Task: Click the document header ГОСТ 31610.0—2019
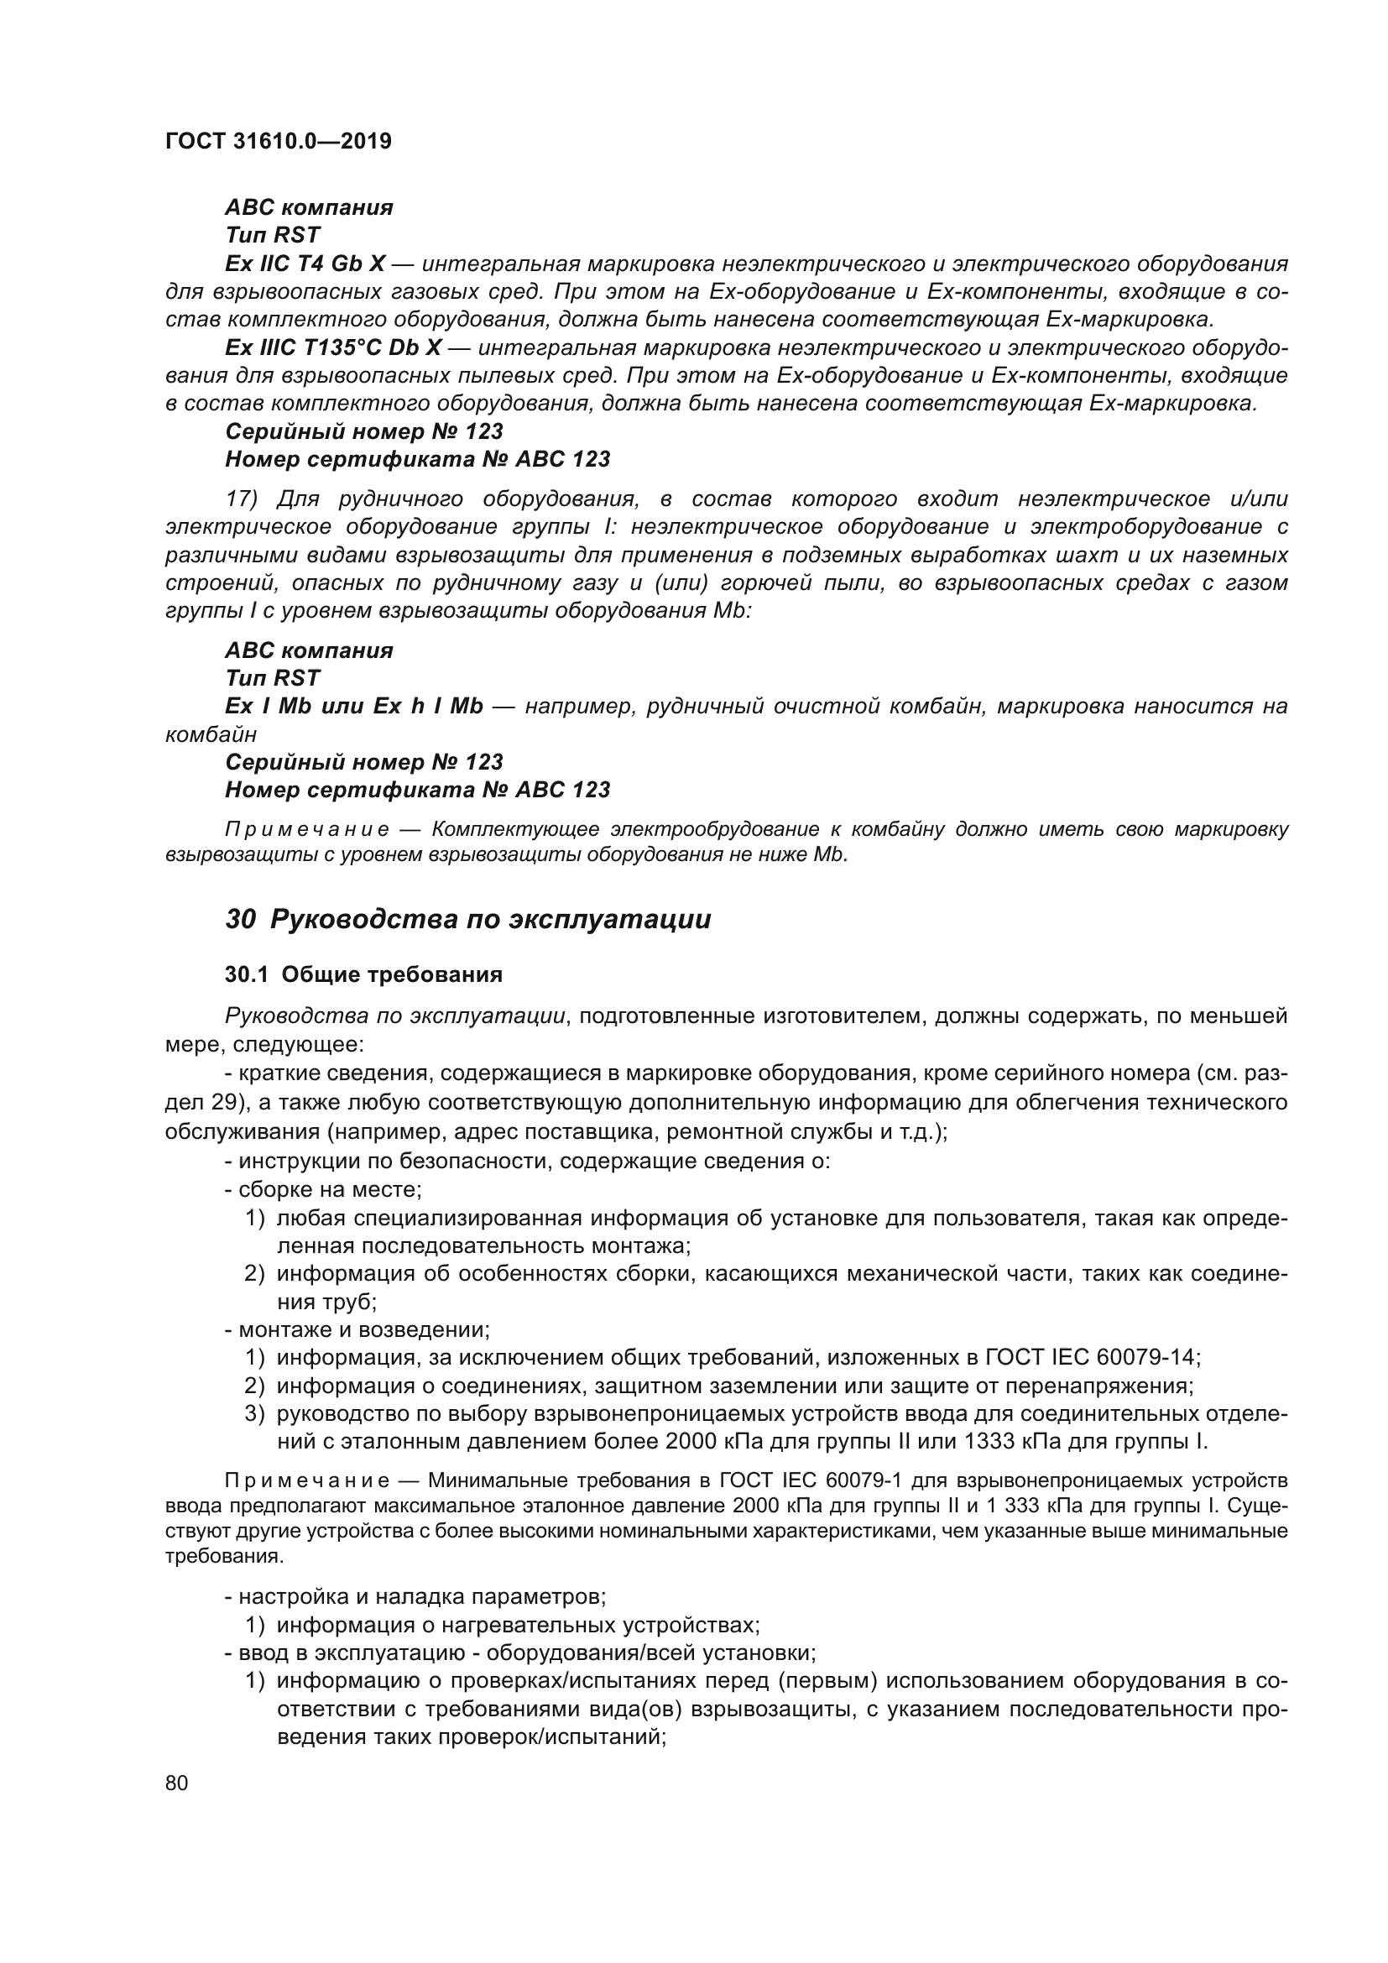tap(279, 141)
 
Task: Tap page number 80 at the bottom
tap(177, 1783)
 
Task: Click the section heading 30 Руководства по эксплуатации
tap(467, 919)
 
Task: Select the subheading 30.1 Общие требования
tap(363, 974)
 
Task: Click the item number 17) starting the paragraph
tap(242, 499)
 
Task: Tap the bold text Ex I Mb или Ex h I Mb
tap(354, 706)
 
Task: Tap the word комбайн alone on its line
tap(211, 734)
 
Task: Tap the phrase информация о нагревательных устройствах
tap(517, 1625)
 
